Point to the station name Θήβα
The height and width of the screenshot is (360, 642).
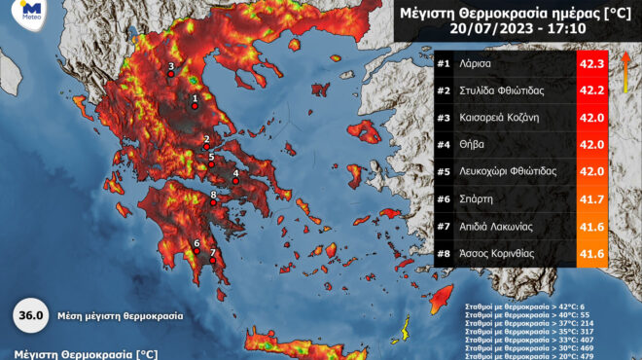coord(475,144)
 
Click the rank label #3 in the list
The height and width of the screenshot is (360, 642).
coord(441,118)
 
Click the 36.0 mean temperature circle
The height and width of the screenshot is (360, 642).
coord(29,315)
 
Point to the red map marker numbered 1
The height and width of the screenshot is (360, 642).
coord(195,107)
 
